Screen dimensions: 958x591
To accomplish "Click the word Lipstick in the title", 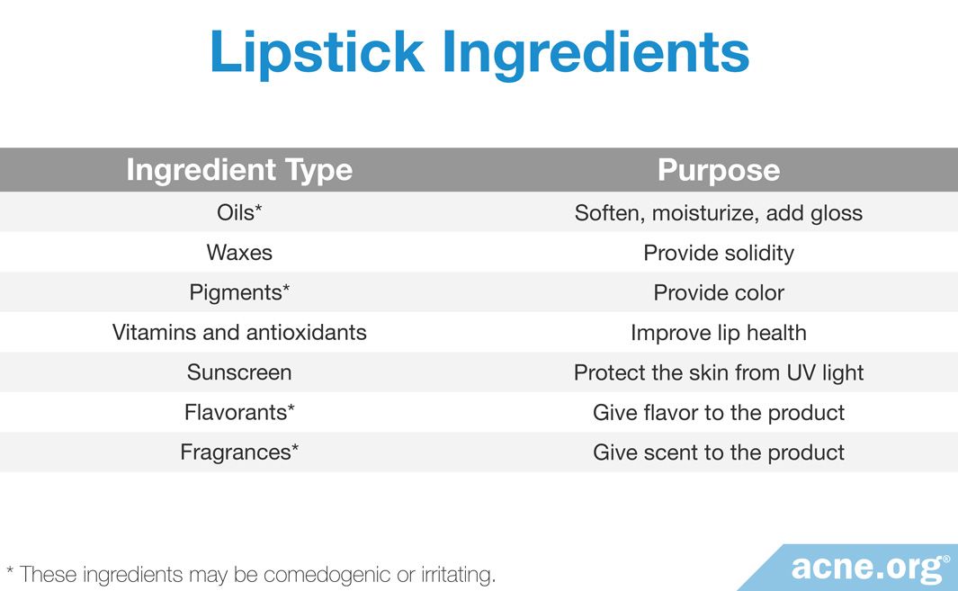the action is [x=318, y=53].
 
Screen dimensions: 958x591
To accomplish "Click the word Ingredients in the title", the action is [x=595, y=53].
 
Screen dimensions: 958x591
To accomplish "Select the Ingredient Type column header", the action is [x=239, y=170].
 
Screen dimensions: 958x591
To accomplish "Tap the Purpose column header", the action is [x=719, y=170].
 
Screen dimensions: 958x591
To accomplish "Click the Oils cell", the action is [x=239, y=212].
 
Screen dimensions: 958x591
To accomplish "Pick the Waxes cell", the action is [x=239, y=253].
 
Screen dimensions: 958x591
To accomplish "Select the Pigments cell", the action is [x=239, y=292].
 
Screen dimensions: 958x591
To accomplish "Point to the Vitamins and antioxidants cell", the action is [x=239, y=333].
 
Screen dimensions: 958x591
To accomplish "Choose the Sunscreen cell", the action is [x=239, y=372].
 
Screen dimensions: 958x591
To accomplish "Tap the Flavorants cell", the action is [x=239, y=413].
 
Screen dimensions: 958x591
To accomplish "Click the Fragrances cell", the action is [x=239, y=452].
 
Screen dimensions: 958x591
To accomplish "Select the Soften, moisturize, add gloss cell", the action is [x=719, y=213].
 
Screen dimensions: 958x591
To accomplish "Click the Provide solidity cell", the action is [x=719, y=253].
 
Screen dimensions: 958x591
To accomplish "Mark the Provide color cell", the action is [x=719, y=292].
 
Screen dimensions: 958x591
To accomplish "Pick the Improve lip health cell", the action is [x=719, y=333].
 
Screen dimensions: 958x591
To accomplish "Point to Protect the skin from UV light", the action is [x=719, y=372].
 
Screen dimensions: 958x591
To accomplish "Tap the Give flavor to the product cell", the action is [x=719, y=413].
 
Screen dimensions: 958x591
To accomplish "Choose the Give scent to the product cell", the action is [x=719, y=452].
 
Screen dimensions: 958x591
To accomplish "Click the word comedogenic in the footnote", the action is [x=327, y=575].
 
